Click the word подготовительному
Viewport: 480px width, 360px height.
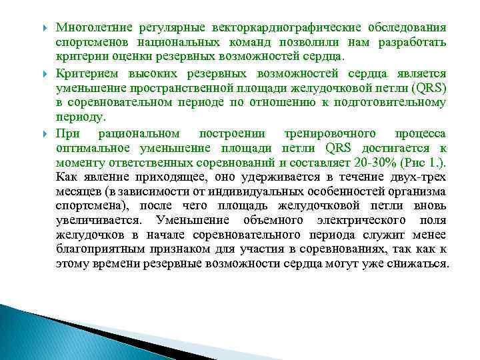pos(393,102)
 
